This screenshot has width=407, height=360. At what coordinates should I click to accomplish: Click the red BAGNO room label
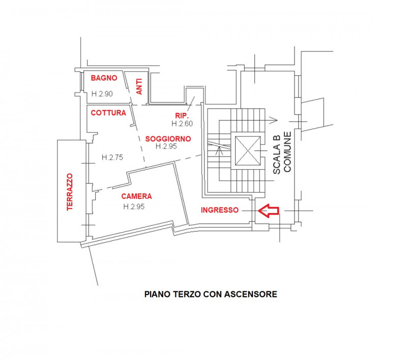104,78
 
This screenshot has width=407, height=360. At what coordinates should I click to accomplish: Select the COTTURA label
108,113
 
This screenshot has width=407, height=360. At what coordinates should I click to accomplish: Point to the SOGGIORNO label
168,138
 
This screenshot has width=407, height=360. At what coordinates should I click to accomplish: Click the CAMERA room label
136,196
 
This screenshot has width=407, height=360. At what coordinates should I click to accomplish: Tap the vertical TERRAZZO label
70,192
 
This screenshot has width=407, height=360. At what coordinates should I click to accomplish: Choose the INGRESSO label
219,209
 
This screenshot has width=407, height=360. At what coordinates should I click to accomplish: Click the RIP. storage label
182,116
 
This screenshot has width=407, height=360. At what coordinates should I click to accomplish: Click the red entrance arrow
269,209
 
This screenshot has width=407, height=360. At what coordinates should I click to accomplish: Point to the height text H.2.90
102,94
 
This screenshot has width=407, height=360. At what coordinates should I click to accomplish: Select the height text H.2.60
182,124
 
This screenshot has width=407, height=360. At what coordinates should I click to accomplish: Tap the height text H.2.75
112,157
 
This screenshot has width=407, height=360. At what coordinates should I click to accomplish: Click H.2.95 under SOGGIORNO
166,146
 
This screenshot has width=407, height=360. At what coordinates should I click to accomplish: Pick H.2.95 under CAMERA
134,206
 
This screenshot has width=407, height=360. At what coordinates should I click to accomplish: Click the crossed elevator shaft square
247,152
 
